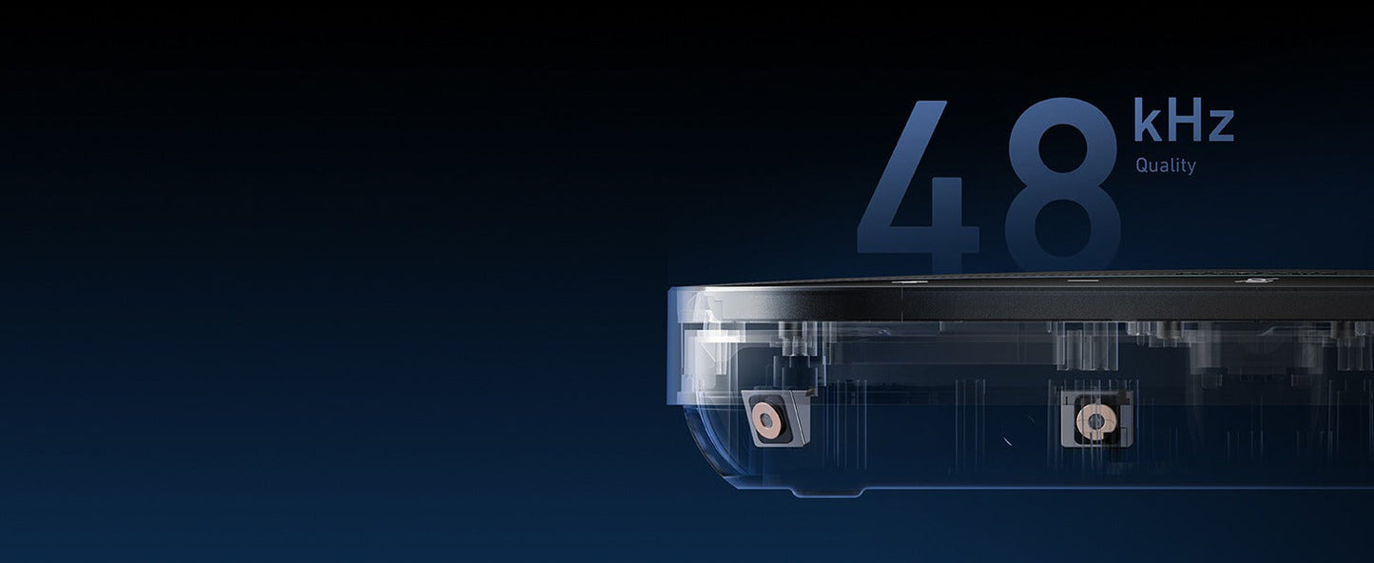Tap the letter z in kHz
click(x=1221, y=126)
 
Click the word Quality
click(x=1166, y=165)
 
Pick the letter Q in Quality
click(x=1142, y=165)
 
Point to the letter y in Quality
click(x=1191, y=168)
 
